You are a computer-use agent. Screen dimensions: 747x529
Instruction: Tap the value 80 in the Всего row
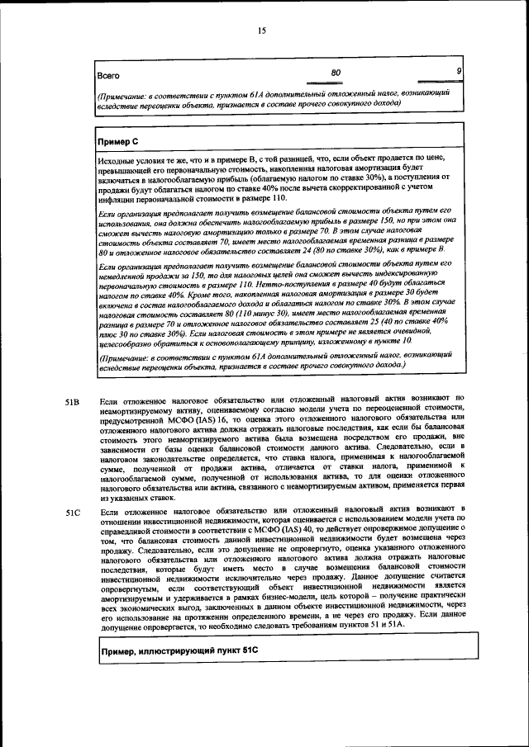click(x=336, y=73)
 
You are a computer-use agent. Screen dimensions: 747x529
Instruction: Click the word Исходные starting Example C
click(x=116, y=157)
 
